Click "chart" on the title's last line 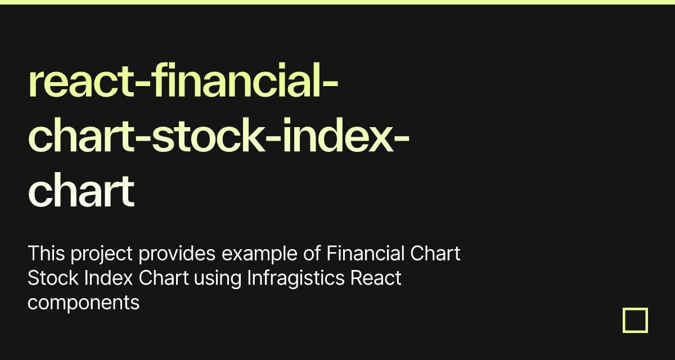click(80, 191)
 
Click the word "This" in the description click(47, 254)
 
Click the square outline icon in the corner click(635, 320)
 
